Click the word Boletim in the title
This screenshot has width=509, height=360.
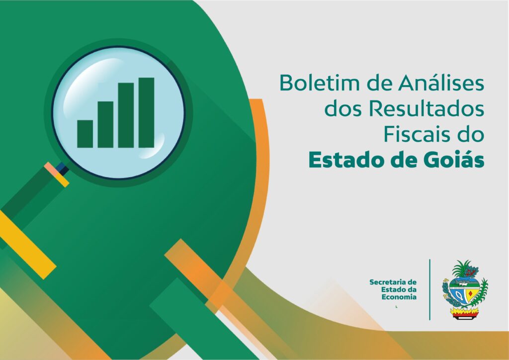point(320,83)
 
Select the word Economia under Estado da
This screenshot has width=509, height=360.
point(399,297)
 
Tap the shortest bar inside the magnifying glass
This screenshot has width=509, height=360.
point(85,134)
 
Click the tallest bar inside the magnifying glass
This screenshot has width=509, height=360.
point(147,113)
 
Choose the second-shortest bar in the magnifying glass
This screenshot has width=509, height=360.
point(105,124)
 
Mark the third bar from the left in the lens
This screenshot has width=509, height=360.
point(126,115)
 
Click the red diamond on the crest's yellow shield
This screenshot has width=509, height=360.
point(470,294)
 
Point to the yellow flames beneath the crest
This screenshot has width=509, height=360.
point(465,312)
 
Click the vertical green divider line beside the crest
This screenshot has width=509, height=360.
point(430,289)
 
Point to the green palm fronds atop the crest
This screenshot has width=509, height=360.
point(460,269)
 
